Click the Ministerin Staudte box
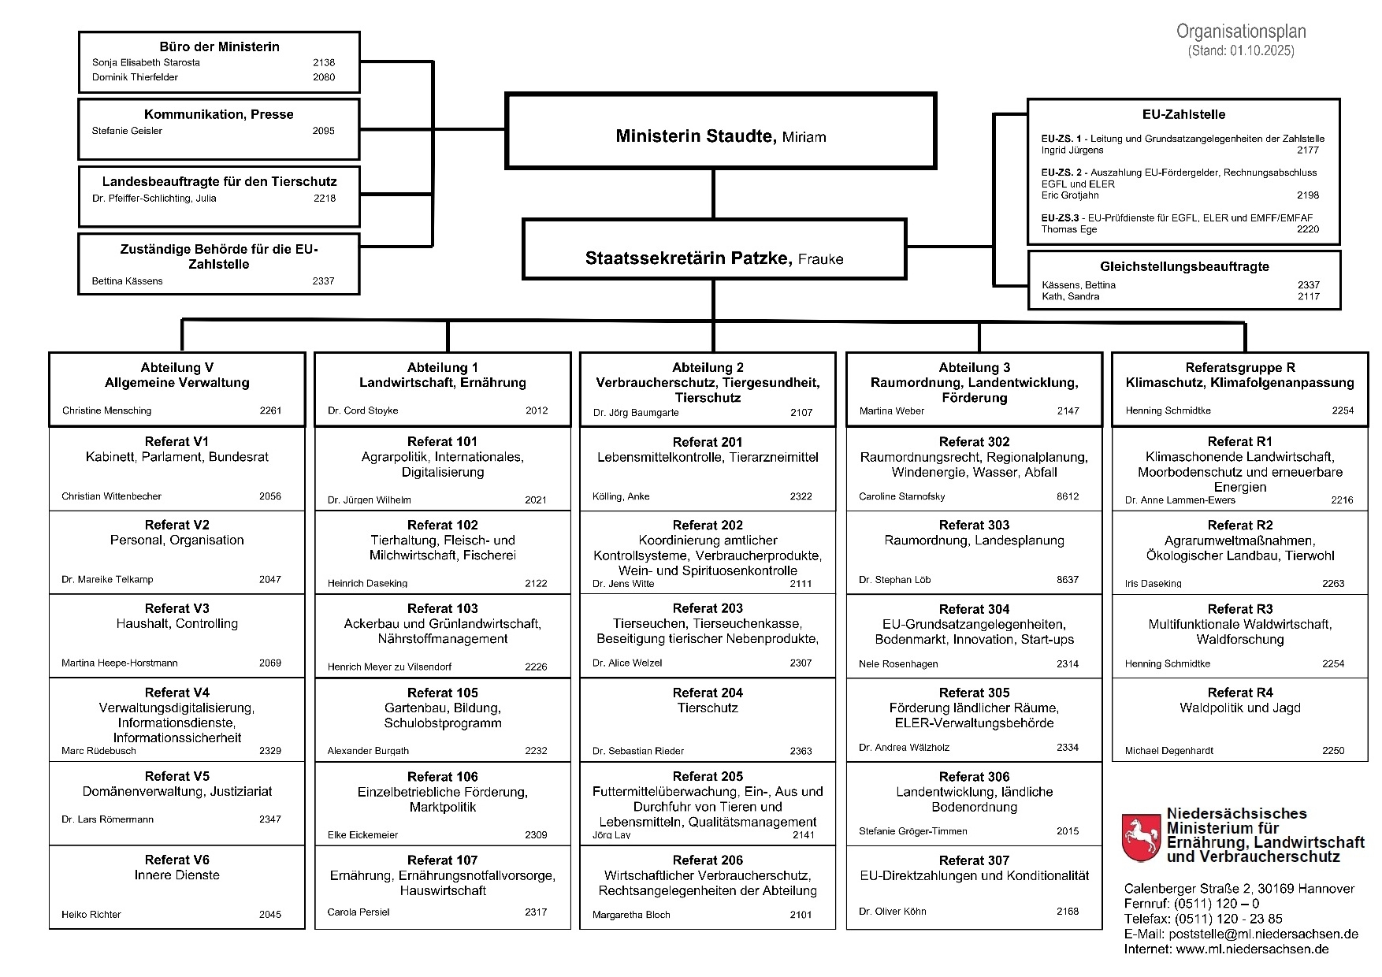(720, 132)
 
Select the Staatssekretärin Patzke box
(714, 250)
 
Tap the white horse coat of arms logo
(1140, 838)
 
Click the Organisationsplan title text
(1241, 32)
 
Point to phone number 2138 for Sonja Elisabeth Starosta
(323, 62)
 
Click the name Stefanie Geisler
(127, 131)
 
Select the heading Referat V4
(177, 693)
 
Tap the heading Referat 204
(708, 693)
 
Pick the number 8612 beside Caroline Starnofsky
(1068, 496)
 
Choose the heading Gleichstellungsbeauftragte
(1184, 266)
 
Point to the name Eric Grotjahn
(1070, 195)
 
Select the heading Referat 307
(974, 860)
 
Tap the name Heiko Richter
(91, 915)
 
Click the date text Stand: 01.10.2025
(1241, 51)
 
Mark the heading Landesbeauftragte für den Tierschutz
(219, 181)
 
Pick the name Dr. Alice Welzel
(627, 663)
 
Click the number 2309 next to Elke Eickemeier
(536, 834)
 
